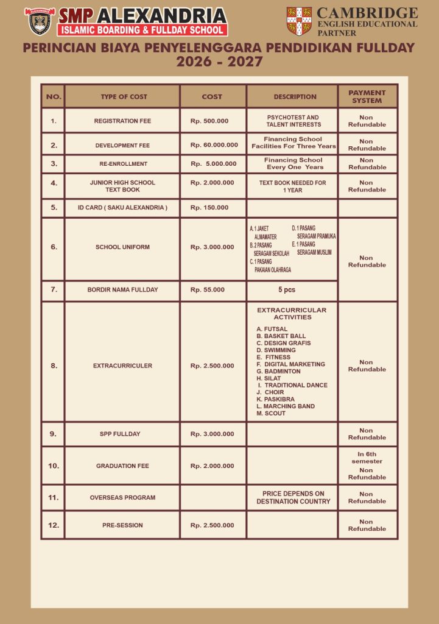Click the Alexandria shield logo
click(x=40, y=21)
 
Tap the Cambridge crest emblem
click(x=299, y=21)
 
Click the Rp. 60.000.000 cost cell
click(x=214, y=145)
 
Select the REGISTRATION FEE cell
click(x=122, y=121)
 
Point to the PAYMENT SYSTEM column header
click(x=367, y=96)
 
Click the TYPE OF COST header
click(x=124, y=96)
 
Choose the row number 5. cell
click(x=54, y=207)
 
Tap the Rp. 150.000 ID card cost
click(x=209, y=207)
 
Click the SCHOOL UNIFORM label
click(x=122, y=247)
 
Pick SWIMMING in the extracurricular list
click(x=276, y=350)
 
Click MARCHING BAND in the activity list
click(x=286, y=406)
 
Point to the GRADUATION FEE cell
click(x=122, y=466)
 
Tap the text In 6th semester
click(x=367, y=458)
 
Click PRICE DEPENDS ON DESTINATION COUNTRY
click(x=293, y=497)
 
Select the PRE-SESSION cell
click(x=122, y=525)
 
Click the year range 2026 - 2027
click(x=219, y=62)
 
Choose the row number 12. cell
click(x=54, y=525)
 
